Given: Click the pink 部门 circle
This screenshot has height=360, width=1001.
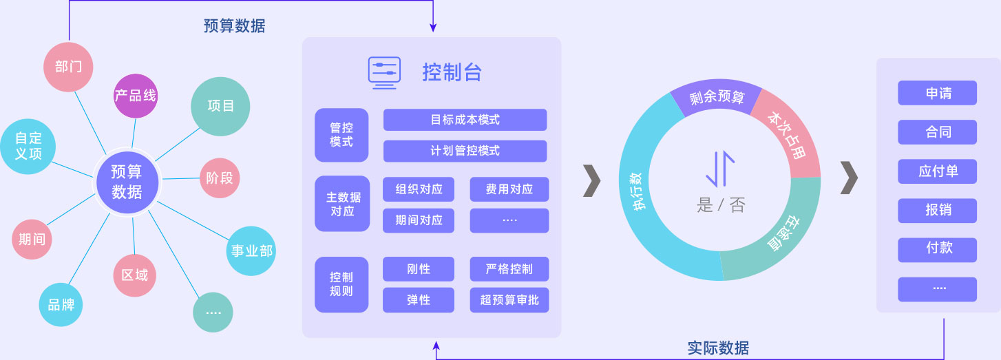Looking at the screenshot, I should click(68, 67).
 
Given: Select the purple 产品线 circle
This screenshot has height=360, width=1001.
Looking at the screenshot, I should click(136, 96).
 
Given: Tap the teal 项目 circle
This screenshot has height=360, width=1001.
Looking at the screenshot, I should click(220, 106).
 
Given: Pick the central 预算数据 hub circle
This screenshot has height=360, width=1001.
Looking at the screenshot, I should click(127, 182).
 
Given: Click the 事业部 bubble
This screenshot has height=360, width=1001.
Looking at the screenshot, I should click(251, 251).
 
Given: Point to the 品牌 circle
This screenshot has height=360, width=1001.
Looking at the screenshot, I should click(61, 304).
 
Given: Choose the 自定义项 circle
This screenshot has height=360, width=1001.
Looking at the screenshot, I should click(28, 145).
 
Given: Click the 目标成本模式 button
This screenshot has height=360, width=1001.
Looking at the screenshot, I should click(465, 120).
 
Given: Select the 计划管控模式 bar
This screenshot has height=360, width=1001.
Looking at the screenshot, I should click(465, 151).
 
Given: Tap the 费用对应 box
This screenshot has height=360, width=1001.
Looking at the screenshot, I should click(509, 189).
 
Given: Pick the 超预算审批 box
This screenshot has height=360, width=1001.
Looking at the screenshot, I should click(509, 300).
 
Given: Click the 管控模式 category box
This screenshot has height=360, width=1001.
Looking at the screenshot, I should click(341, 135).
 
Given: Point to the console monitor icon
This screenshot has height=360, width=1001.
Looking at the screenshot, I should click(384, 72).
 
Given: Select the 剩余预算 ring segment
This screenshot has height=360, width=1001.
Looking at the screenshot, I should click(717, 97).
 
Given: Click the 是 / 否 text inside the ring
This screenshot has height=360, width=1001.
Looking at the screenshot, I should click(721, 204).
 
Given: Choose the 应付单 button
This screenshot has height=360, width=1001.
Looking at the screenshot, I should click(937, 171).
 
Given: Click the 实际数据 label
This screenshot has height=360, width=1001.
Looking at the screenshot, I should click(718, 348).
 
